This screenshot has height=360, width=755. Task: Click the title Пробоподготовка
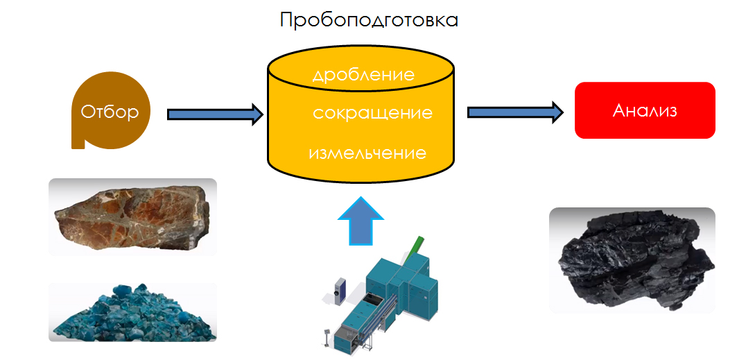tap(369, 19)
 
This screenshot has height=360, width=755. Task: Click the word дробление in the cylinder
tap(363, 74)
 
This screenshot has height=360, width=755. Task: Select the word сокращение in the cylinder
tap(372, 112)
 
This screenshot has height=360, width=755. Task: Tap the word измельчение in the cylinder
tap(367, 152)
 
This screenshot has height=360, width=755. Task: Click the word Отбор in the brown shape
tap(110, 112)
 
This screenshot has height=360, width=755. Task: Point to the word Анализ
tap(645, 110)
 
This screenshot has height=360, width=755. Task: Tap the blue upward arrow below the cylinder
tap(358, 221)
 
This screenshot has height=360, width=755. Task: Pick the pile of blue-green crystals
tap(132, 313)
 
